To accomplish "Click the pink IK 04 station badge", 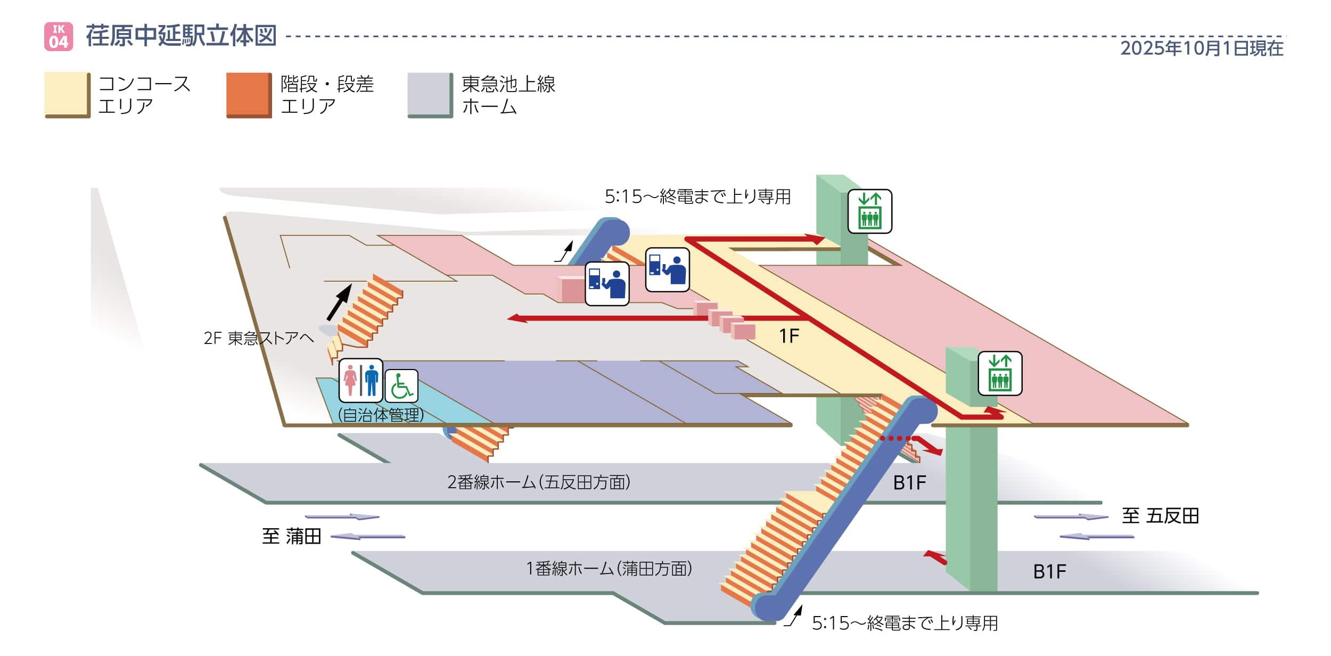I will [59, 36].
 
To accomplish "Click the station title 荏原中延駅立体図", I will [181, 36].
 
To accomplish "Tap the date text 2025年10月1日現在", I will [1202, 48].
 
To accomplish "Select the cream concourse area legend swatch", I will [67, 94].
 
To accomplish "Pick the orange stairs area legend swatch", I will [249, 94].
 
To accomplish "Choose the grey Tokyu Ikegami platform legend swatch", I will [430, 94].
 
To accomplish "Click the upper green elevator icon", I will [869, 211].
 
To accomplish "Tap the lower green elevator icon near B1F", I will [999, 373].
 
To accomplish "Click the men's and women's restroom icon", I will [360, 380].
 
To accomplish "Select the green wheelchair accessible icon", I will [401, 386].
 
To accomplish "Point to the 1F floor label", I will [789, 337].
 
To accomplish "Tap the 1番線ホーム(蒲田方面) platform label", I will [609, 569].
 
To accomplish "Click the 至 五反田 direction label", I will [1160, 516].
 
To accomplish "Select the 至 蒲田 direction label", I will [291, 536].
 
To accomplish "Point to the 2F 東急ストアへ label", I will [259, 338].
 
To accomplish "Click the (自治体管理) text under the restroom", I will [381, 415].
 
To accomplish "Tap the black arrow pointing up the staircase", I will [339, 301].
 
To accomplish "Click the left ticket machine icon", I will [607, 283].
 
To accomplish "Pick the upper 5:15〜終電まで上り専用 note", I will [697, 197].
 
